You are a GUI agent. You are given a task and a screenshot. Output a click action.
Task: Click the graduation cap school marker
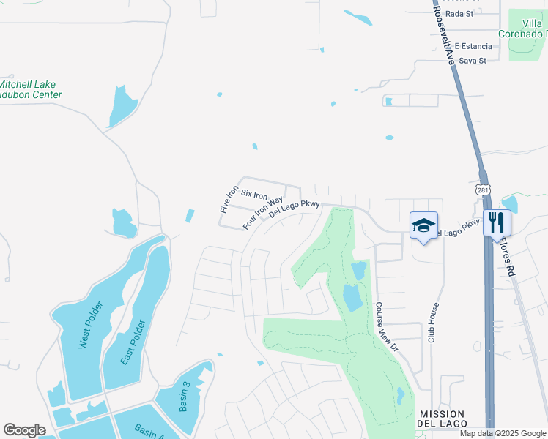click(x=423, y=225)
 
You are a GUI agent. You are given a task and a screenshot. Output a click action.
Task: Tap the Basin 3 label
click(x=185, y=396)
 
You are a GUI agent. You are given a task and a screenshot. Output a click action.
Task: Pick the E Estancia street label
click(x=473, y=46)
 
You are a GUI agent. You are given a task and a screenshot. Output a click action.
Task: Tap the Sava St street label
click(x=473, y=61)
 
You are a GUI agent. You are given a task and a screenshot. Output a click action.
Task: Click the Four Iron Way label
click(x=263, y=211)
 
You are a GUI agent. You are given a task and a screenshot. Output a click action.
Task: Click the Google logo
click(x=24, y=430)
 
